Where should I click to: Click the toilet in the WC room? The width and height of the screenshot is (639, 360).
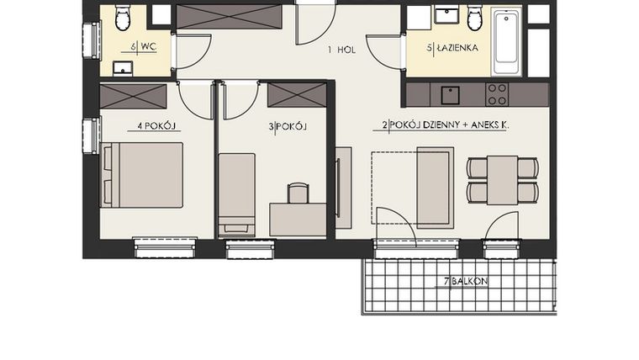pyautogui.click(x=124, y=17)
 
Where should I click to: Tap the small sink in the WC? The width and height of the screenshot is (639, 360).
pyautogui.click(x=123, y=68)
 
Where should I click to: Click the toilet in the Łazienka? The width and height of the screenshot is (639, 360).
pyautogui.click(x=475, y=17)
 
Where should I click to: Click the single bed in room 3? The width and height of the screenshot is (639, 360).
pyautogui.click(x=236, y=194)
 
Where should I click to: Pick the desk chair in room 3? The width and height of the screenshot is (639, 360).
pyautogui.click(x=298, y=193)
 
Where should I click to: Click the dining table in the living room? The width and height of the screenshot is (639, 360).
pyautogui.click(x=502, y=179)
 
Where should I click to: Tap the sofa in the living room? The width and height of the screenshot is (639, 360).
pyautogui.click(x=435, y=187)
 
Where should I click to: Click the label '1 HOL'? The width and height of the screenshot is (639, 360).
pyautogui.click(x=341, y=50)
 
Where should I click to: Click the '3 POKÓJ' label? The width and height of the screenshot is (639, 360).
pyautogui.click(x=287, y=127)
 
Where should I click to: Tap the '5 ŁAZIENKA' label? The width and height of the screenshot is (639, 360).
pyautogui.click(x=453, y=49)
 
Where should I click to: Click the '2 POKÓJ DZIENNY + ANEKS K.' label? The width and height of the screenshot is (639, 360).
pyautogui.click(x=446, y=125)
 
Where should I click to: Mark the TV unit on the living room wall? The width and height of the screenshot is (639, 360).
pyautogui.click(x=343, y=188)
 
